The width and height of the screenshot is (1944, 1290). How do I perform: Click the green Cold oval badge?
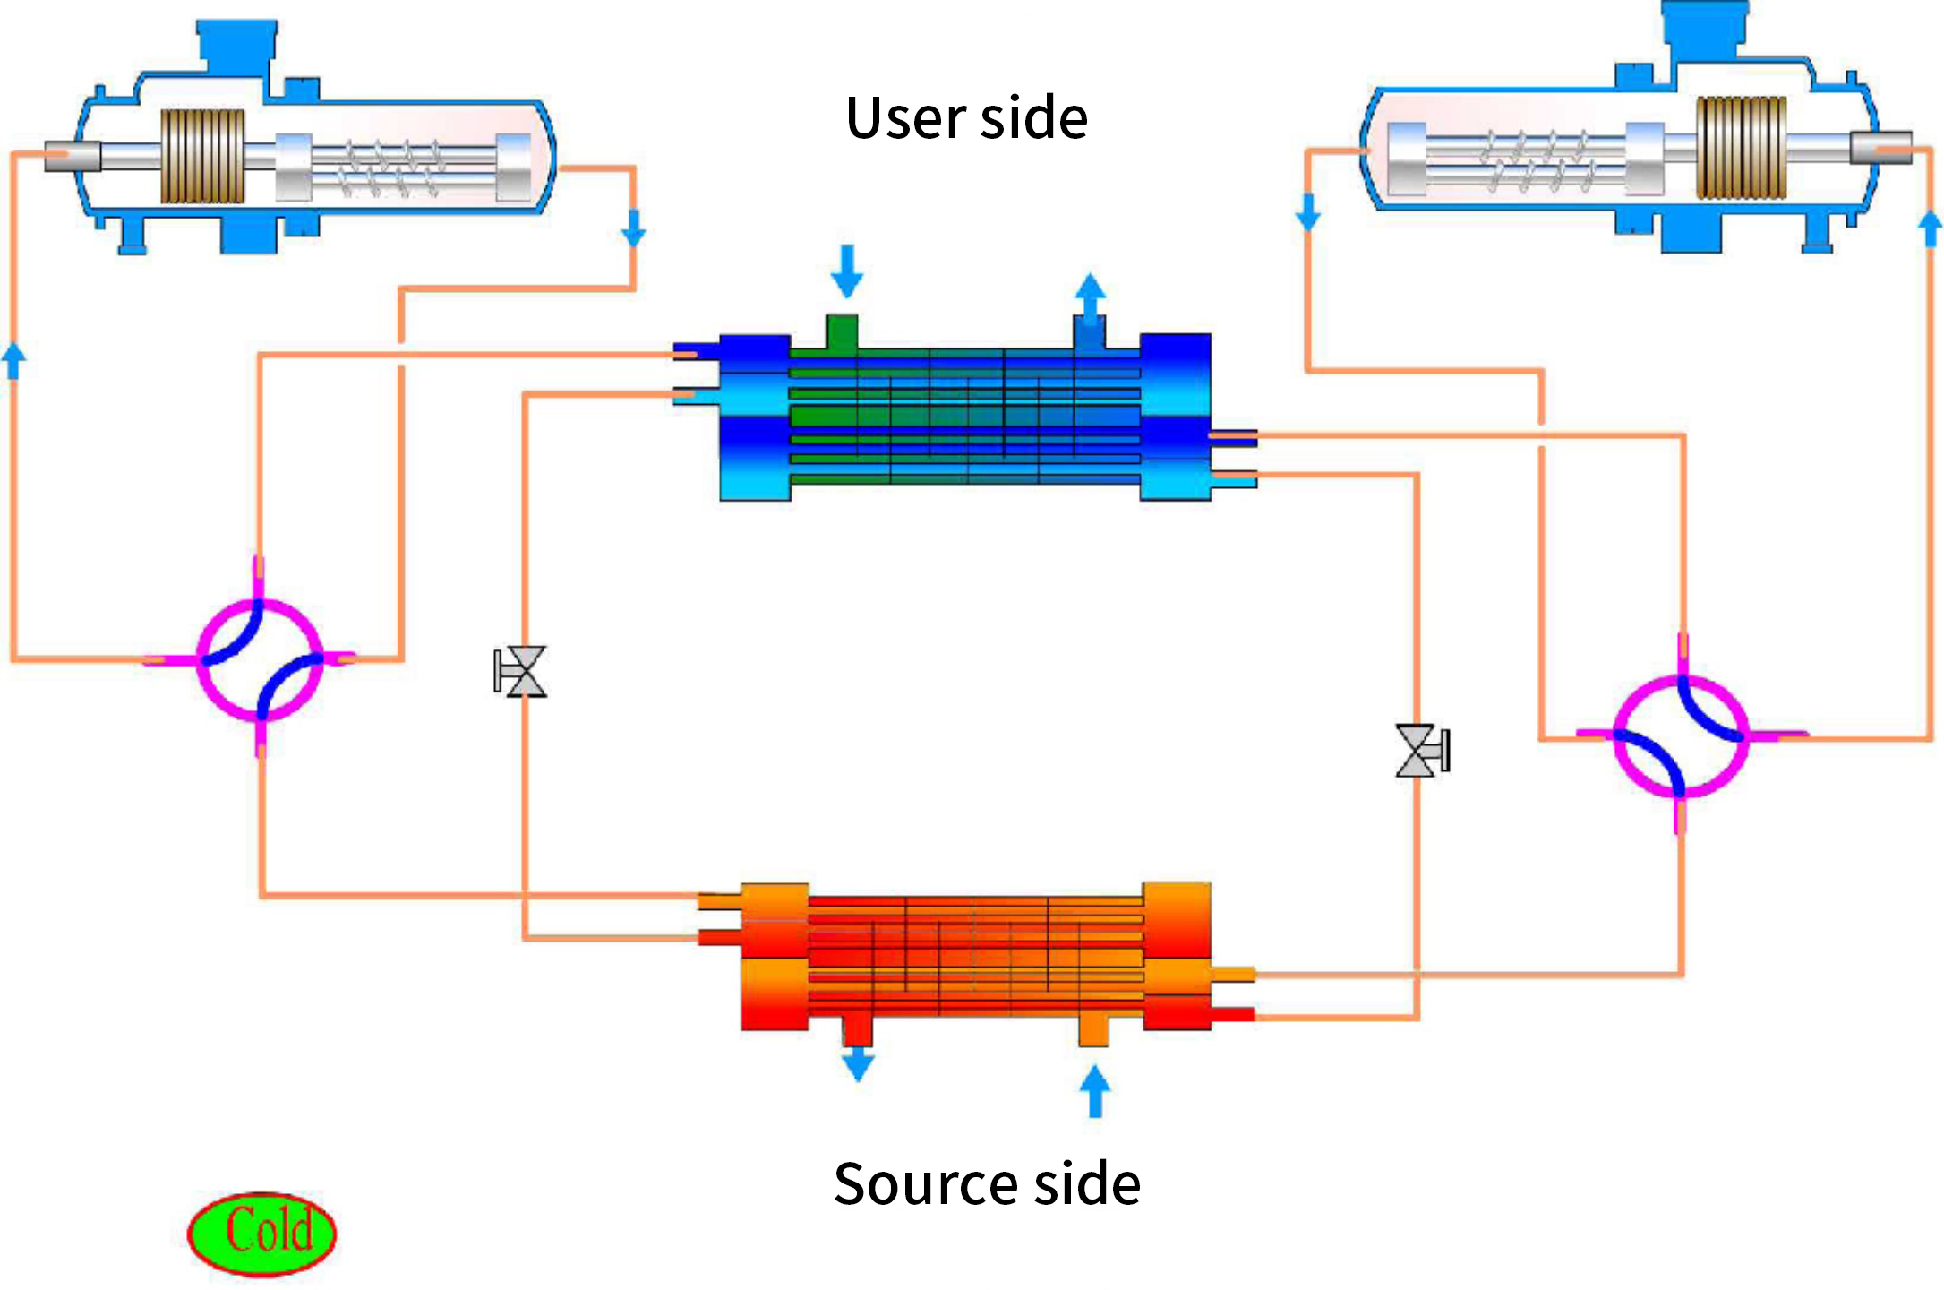click(261, 1232)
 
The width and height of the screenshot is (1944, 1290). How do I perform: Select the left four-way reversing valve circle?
click(260, 660)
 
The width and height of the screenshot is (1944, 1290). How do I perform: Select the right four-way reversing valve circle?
click(1681, 735)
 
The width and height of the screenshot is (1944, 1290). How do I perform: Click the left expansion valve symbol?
click(521, 671)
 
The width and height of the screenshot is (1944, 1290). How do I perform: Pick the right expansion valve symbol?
click(1421, 750)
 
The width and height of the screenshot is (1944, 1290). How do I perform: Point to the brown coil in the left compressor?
click(202, 157)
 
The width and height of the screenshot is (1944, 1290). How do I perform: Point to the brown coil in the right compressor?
click(1742, 147)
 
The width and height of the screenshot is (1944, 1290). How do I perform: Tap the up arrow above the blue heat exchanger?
click(1090, 296)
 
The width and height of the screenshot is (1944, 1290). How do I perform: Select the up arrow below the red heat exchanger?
click(1094, 1090)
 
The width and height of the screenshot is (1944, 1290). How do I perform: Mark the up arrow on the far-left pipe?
click(13, 361)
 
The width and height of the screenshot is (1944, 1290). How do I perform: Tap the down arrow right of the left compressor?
click(633, 228)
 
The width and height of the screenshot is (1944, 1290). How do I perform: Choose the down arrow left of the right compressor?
click(1308, 211)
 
